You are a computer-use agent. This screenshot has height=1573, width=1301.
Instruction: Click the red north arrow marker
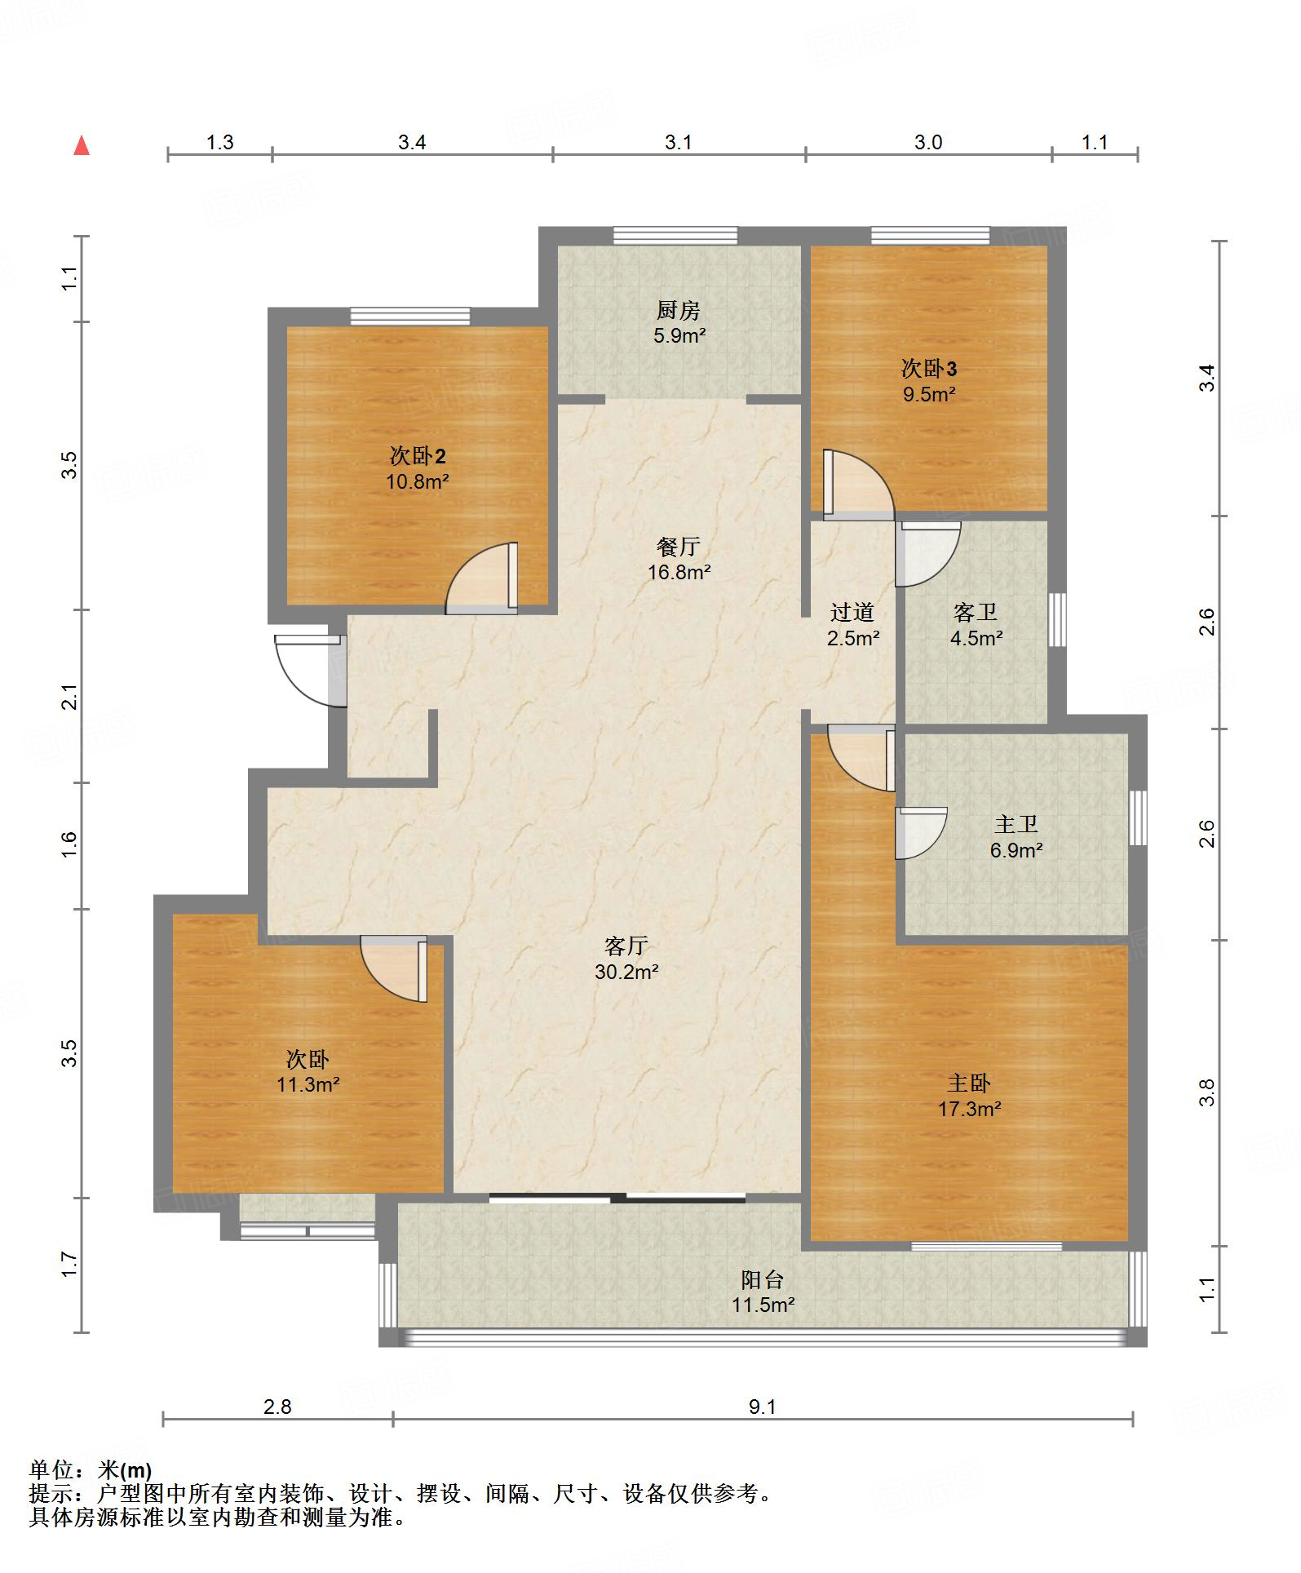82,145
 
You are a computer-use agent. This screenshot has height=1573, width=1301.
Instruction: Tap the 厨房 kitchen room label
679,310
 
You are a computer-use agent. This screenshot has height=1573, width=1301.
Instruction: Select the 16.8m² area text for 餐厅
679,572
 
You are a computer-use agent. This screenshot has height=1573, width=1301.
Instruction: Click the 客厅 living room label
626,946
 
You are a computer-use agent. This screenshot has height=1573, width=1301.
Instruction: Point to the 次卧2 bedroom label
418,455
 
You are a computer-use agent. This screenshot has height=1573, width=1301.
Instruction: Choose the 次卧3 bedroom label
929,368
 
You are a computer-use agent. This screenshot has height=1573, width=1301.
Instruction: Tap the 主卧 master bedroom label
969,1083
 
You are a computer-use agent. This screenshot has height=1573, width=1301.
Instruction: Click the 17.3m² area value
970,1109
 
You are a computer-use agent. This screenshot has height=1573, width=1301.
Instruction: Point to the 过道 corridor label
852,612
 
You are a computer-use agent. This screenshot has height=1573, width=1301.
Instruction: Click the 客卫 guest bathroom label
976,612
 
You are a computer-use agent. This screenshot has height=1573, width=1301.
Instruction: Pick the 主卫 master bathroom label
1016,824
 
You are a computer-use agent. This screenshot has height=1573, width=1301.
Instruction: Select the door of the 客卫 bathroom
928,554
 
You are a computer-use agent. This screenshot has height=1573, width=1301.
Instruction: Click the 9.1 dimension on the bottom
763,1407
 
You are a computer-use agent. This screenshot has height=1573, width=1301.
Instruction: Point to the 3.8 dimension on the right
1207,1092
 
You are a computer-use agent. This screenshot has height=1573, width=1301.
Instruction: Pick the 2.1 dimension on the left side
70,696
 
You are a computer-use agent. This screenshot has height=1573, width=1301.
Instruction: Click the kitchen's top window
676,236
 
